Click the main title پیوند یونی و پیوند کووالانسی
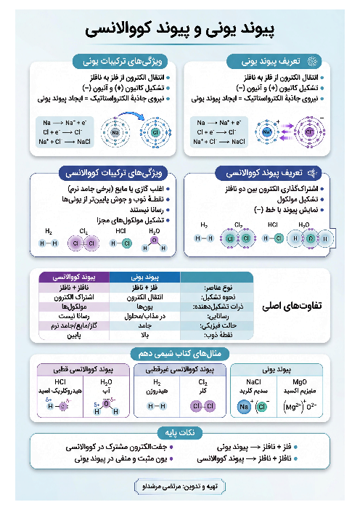coord(179,31)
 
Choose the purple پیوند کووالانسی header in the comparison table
coord(73,276)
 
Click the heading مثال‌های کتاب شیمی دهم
coord(180,353)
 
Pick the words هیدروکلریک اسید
coord(61,390)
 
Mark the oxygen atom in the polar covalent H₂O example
coord(107,404)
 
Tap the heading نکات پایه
coord(179,432)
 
